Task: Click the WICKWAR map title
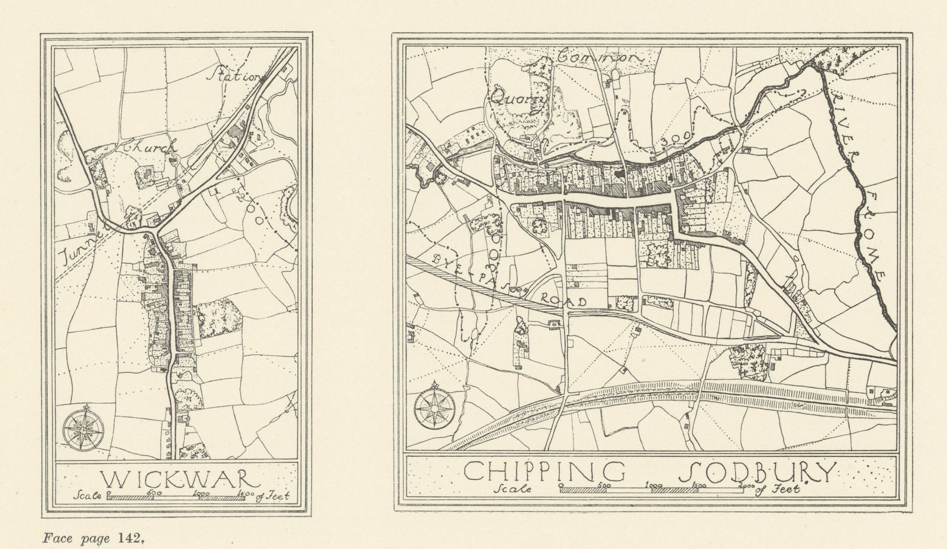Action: pyautogui.click(x=176, y=478)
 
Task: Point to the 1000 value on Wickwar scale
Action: pyautogui.click(x=201, y=493)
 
